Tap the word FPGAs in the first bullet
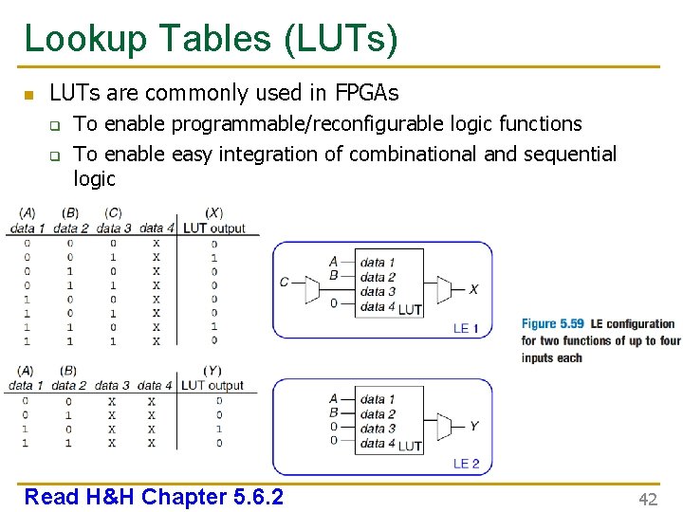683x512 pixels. coord(366,93)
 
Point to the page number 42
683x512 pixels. coord(648,500)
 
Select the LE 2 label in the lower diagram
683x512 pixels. coord(466,464)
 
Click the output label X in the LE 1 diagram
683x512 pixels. coord(473,289)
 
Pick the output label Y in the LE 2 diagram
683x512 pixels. coord(473,426)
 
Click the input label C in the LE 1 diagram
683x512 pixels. coord(284,282)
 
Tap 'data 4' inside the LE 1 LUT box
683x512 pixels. coord(378,306)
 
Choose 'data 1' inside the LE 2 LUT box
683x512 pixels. coord(378,399)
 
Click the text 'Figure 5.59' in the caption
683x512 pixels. coord(553,324)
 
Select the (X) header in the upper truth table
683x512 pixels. coord(214,213)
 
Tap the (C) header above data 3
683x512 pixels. coord(113,213)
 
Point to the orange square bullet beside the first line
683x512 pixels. coord(28,95)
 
